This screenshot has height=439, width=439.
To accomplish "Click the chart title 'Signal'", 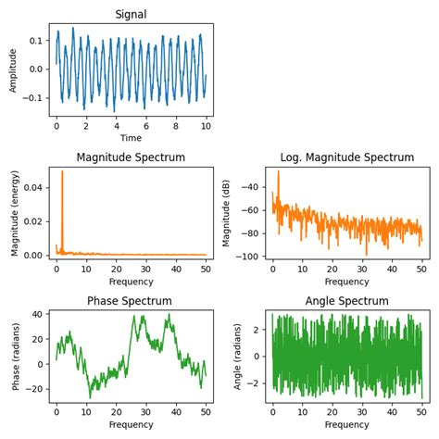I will click(x=131, y=14).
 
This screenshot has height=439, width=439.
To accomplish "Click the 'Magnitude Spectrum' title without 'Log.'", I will click(x=131, y=157).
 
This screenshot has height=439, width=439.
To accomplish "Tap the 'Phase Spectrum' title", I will click(x=131, y=301).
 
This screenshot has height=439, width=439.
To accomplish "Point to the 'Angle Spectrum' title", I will click(x=346, y=301).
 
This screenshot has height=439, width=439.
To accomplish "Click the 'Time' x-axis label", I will click(x=131, y=137).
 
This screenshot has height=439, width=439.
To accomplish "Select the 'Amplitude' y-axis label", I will click(x=13, y=69).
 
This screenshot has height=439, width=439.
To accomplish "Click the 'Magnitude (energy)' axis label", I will click(x=13, y=213).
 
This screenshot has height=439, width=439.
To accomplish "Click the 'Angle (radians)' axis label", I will click(x=239, y=357).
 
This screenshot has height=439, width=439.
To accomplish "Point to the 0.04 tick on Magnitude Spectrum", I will click(x=32, y=187).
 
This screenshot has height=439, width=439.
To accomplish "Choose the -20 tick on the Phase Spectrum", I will click(x=34, y=389).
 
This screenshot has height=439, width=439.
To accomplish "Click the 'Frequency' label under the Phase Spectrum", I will click(x=131, y=425).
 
